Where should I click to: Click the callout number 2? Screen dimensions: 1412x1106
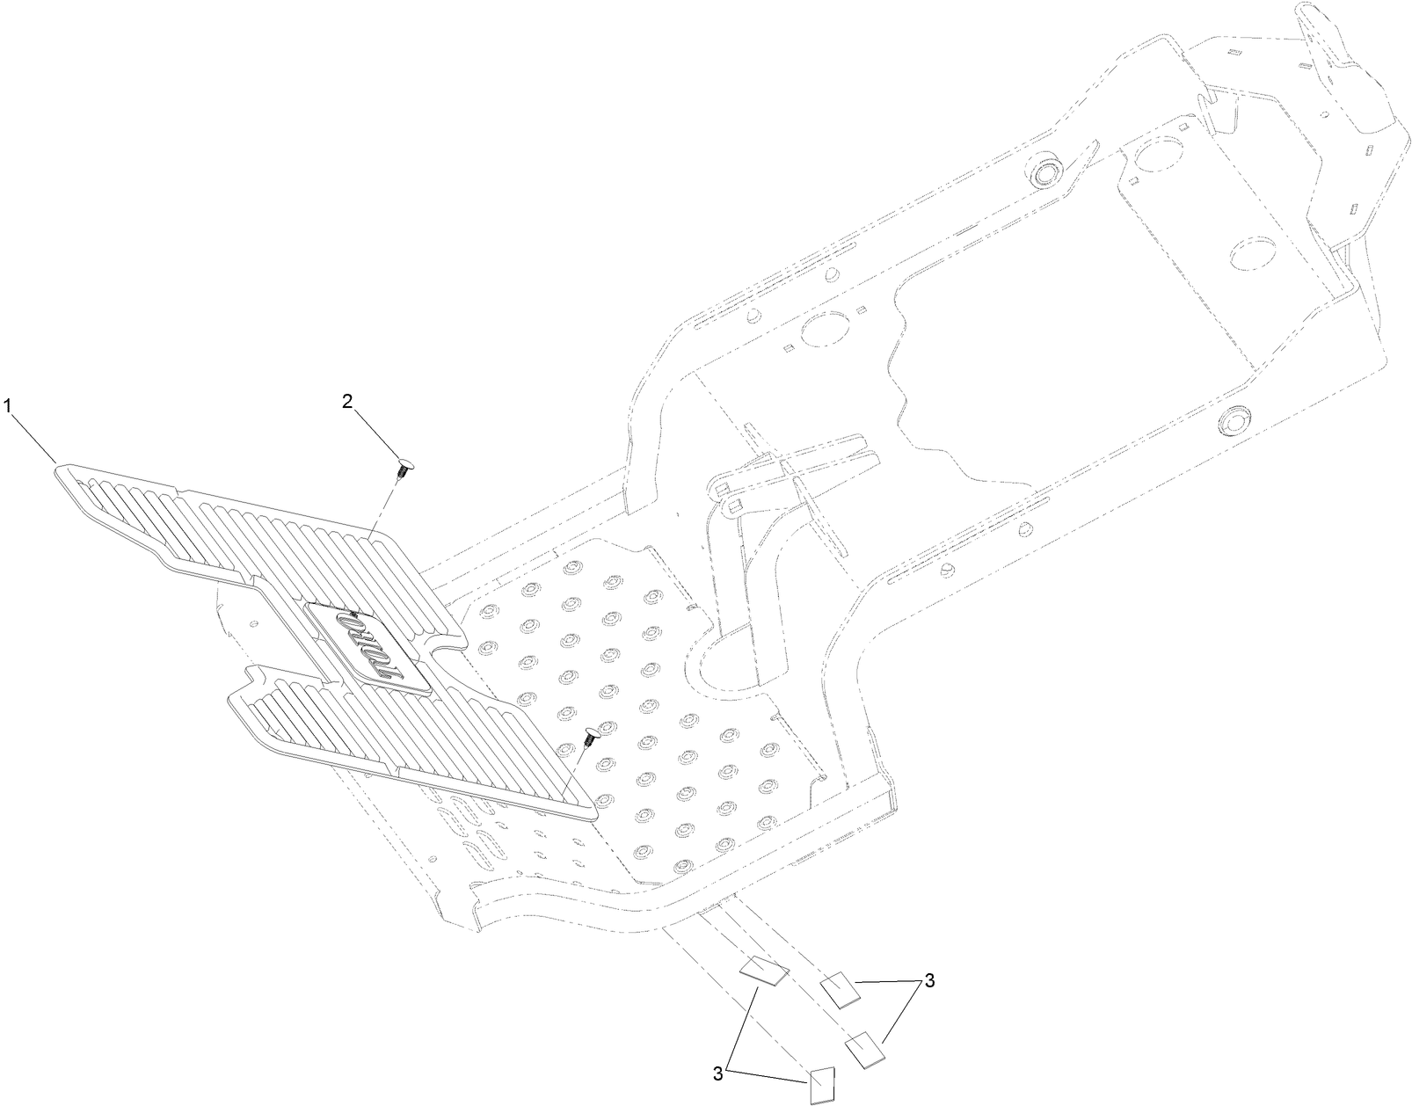click(x=347, y=402)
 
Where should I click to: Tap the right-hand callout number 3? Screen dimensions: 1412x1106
click(x=928, y=982)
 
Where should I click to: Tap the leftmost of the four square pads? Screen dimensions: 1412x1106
click(x=762, y=972)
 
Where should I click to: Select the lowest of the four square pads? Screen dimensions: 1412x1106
click(x=821, y=1085)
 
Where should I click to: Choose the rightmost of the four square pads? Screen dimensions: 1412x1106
click(x=864, y=1049)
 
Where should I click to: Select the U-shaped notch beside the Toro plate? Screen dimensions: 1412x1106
click(x=444, y=653)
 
